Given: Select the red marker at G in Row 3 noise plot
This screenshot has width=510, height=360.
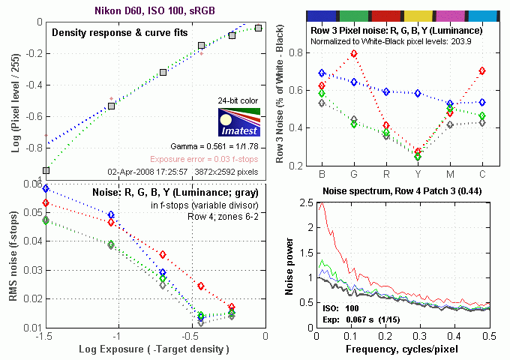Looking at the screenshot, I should (x=354, y=54).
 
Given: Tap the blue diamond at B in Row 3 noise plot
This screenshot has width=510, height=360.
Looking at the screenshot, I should (x=322, y=73).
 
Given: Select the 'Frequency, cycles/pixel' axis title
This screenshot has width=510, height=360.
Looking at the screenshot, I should (x=403, y=349).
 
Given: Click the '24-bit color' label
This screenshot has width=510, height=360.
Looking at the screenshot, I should (x=238, y=100).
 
